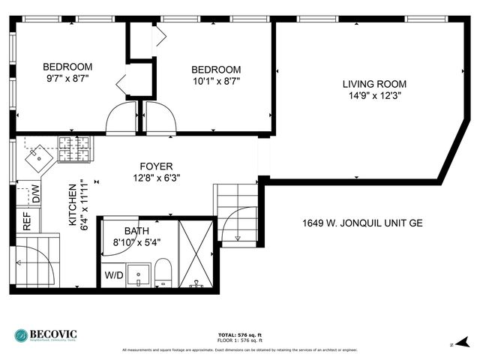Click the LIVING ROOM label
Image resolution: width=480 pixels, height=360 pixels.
pyautogui.click(x=374, y=84)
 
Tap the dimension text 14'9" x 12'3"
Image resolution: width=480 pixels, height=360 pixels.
pyautogui.click(x=374, y=96)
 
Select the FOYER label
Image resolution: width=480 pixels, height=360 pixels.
pyautogui.click(x=157, y=166)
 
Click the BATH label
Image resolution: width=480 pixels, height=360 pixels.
pyautogui.click(x=136, y=231)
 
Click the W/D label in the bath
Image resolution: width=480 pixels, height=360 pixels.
pyautogui.click(x=114, y=275)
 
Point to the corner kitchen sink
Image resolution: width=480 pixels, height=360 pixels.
pyautogui.click(x=35, y=157)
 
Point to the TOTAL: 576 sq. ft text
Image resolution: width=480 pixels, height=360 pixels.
pyautogui.click(x=239, y=334)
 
